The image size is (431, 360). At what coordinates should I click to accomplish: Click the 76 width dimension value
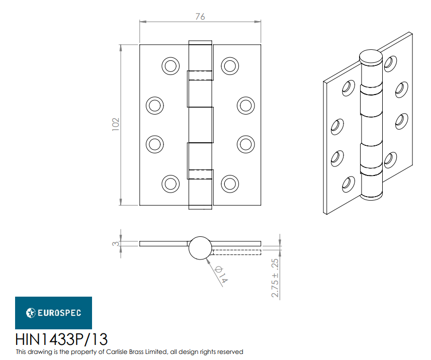(x=200, y=17)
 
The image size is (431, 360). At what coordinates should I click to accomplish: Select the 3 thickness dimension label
(x=115, y=244)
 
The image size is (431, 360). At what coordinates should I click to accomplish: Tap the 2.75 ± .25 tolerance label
(x=275, y=279)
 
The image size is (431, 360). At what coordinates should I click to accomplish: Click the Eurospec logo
(x=53, y=313)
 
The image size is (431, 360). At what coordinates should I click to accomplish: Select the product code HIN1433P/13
(x=61, y=338)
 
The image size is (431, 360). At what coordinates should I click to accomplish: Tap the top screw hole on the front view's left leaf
(x=170, y=65)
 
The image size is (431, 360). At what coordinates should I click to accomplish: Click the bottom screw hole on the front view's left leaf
(x=170, y=183)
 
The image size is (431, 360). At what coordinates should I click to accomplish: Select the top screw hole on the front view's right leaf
(x=229, y=65)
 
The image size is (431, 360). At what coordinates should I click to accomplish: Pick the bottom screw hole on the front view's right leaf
(x=229, y=183)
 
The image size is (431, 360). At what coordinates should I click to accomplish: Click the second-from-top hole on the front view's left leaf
(x=154, y=105)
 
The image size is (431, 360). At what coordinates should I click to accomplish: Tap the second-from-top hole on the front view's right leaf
(x=245, y=105)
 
